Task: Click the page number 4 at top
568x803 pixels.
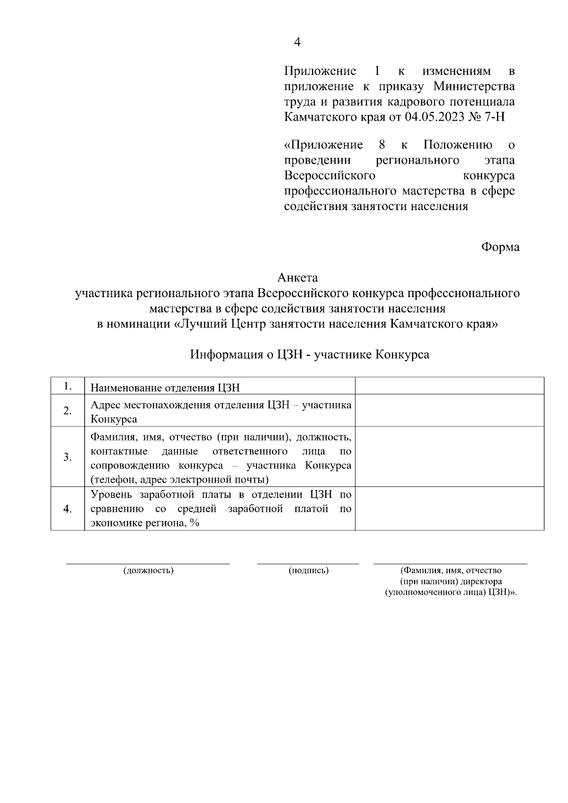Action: coord(297,43)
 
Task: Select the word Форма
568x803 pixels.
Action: coord(500,247)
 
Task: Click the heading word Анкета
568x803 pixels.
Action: coord(297,277)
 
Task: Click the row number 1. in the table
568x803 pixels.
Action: coord(68,387)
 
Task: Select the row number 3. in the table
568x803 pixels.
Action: coord(68,457)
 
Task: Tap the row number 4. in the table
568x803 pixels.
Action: coord(68,509)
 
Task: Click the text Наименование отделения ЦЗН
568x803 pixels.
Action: coord(165,388)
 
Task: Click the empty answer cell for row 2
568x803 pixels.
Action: coord(449,410)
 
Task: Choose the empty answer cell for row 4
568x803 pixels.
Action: coord(449,509)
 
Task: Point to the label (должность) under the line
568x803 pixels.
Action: coord(148,571)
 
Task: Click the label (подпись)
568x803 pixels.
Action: coord(309,571)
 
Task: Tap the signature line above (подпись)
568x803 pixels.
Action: coord(308,564)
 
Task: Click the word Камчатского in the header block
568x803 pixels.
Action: coord(314,117)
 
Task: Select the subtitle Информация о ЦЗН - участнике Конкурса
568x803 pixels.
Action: coord(310,354)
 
